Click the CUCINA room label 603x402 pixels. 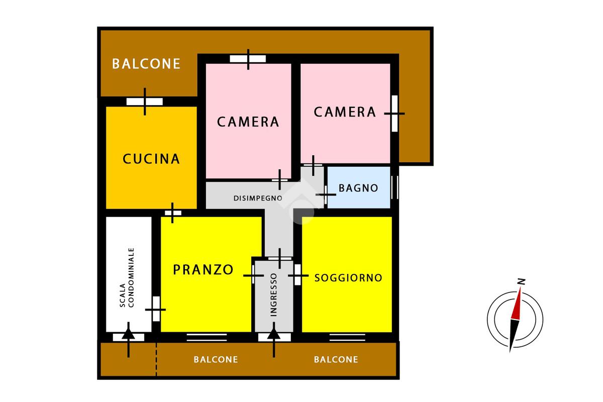(x=151, y=159)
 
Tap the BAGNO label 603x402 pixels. (x=358, y=188)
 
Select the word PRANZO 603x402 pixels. (x=203, y=269)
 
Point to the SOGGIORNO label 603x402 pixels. (x=348, y=277)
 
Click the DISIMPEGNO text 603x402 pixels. (x=258, y=198)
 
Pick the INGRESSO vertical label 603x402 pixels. (x=273, y=294)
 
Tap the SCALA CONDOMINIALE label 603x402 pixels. (x=127, y=277)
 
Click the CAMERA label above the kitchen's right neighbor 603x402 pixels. (x=248, y=122)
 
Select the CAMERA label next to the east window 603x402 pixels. (x=345, y=112)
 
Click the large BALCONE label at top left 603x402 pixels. (x=146, y=64)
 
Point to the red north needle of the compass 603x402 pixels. (x=517, y=304)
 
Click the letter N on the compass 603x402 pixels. (x=522, y=281)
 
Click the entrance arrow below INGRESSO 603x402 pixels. (x=274, y=340)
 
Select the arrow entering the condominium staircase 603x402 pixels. (x=129, y=340)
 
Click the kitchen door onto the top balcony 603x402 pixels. (x=145, y=102)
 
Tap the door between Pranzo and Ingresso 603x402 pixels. (x=253, y=275)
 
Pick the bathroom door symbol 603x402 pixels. (x=326, y=194)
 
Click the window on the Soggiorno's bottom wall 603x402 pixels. (x=347, y=337)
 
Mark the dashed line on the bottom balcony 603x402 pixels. (x=156, y=359)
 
